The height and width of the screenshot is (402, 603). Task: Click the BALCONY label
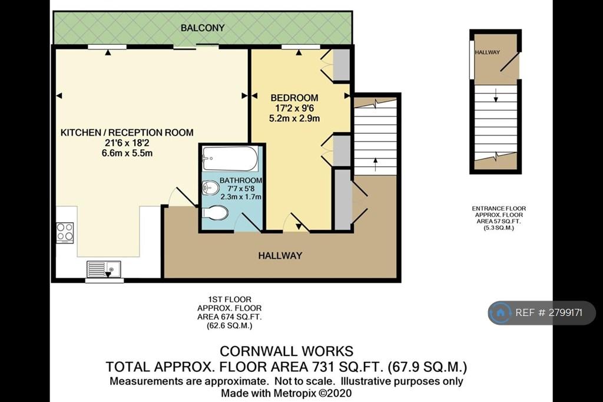pos(203,28)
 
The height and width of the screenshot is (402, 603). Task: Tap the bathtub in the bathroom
pos(230,158)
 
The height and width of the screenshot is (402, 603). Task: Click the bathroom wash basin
pos(210,188)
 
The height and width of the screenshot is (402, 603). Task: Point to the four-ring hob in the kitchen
pos(65,233)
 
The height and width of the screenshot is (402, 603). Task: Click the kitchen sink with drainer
pos(104,269)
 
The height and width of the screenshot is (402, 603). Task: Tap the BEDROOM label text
pos(294,98)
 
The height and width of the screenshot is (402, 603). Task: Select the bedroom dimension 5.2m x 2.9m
pos(294,118)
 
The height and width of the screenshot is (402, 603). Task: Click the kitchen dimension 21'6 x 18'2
pos(127,143)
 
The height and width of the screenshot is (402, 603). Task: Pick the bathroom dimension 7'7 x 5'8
pos(241,189)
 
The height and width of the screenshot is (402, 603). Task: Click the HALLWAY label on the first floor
pos(280,256)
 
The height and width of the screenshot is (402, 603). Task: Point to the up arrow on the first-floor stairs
pos(375,164)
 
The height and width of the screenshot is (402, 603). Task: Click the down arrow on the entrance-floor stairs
pos(496,95)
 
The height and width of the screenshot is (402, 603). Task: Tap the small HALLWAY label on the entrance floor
pos(487,52)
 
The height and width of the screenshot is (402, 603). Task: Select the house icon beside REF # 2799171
pos(501,312)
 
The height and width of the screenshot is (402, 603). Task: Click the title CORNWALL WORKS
pos(287,351)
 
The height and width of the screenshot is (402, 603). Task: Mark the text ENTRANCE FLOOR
pos(499,208)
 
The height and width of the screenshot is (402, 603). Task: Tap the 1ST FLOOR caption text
pos(230,299)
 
